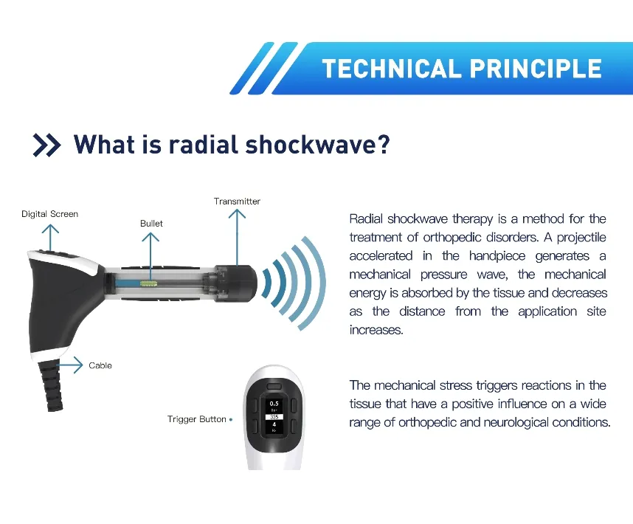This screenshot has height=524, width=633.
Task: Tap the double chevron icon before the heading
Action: point(47,145)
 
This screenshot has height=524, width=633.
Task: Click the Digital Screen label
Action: point(49,214)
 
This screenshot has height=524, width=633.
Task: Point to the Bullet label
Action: point(151,223)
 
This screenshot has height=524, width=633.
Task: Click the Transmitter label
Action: point(237,201)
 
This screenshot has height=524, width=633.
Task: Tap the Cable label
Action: point(100,365)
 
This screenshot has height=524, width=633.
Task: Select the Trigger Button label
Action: point(197,419)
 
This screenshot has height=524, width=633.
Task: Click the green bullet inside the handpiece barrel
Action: point(153,280)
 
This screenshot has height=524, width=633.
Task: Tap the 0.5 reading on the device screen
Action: point(274,404)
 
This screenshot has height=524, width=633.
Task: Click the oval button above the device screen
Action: point(274,385)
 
